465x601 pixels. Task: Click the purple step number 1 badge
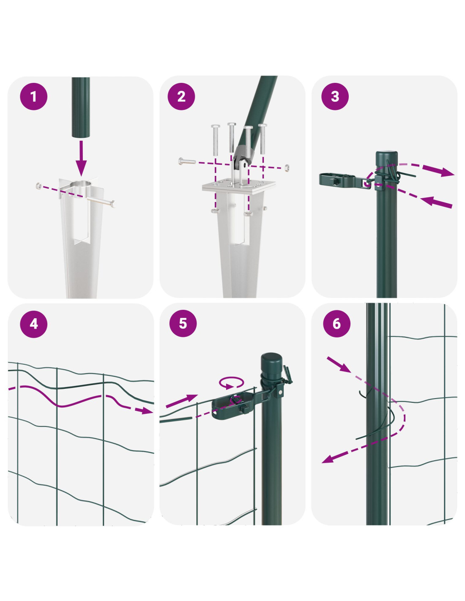pyautogui.click(x=34, y=96)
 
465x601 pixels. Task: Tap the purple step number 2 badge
pyautogui.click(x=181, y=96)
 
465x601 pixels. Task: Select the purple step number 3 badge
pyautogui.click(x=335, y=96)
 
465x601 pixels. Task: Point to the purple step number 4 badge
pyautogui.click(x=34, y=324)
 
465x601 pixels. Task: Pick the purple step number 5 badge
pyautogui.click(x=183, y=324)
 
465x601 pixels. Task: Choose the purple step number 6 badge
pyautogui.click(x=336, y=324)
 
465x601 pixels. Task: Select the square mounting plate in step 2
pyautogui.click(x=239, y=186)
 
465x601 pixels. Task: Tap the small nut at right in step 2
pyautogui.click(x=287, y=167)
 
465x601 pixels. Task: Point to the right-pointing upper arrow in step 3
pyautogui.click(x=438, y=171)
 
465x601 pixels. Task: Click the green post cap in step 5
pyautogui.click(x=271, y=362)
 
